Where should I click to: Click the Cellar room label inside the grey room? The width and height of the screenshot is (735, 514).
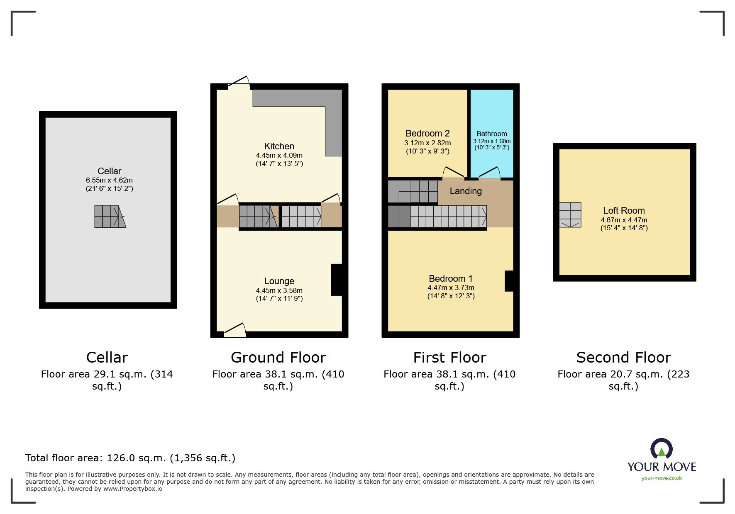[x=109, y=171]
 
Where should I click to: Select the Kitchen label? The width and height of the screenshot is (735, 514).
[x=279, y=146]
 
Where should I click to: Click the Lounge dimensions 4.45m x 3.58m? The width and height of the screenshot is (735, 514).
[x=279, y=290]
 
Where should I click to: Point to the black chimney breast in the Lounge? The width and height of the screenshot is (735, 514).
[x=337, y=280]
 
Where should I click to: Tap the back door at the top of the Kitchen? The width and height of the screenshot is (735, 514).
[x=239, y=82]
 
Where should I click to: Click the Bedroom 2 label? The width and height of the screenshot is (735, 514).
[x=427, y=133]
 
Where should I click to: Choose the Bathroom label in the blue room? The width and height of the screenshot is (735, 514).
[x=491, y=134]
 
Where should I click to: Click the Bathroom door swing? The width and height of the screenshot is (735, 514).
[x=490, y=173]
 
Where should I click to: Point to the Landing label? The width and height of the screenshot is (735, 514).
[x=466, y=191]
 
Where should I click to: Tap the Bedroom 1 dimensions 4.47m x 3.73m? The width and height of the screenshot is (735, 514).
[x=451, y=287]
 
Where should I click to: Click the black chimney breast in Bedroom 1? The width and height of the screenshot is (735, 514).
[x=509, y=281]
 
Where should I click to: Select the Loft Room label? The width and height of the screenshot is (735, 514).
[x=624, y=210]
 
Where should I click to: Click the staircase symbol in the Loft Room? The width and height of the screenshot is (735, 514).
[x=570, y=214]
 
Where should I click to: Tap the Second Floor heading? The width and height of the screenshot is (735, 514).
[x=623, y=357]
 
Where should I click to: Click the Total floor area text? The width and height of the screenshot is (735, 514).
[x=130, y=458]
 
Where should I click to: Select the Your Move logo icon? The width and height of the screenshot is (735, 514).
[x=661, y=449]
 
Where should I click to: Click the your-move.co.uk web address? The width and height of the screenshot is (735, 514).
[x=662, y=478]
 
